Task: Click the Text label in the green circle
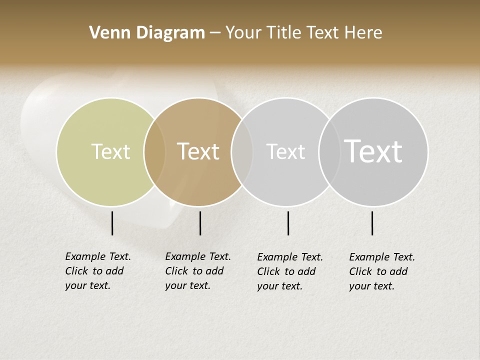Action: (110, 151)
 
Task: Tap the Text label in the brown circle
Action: (198, 151)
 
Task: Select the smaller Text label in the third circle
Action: (285, 151)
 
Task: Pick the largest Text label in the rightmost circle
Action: (373, 151)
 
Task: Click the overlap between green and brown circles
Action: (154, 151)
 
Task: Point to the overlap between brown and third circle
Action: (242, 151)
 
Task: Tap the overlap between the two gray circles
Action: (329, 151)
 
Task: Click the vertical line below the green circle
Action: (112, 223)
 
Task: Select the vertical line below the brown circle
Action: (200, 223)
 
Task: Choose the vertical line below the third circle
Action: (288, 223)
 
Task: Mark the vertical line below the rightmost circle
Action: (372, 223)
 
